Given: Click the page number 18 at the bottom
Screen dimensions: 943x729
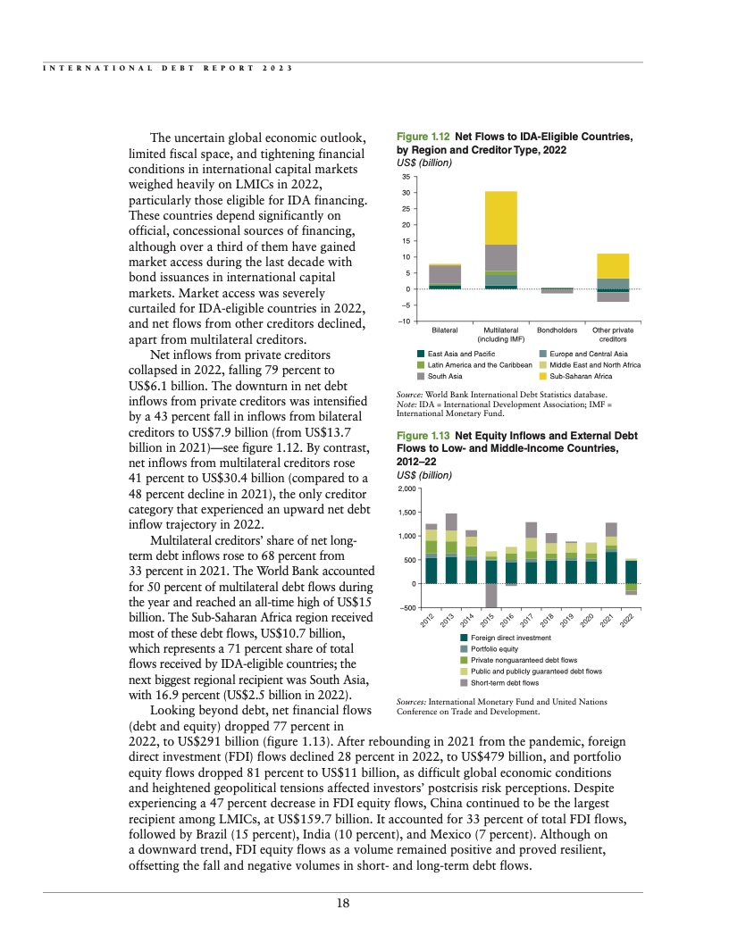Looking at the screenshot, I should [x=342, y=903].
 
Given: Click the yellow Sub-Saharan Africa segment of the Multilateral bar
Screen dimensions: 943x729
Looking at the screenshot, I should [x=501, y=218].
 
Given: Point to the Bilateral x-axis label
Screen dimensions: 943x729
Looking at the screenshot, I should [x=445, y=330].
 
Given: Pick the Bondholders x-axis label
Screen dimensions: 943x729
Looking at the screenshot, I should [x=557, y=330].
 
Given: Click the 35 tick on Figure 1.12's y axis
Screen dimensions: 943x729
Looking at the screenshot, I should [x=406, y=177].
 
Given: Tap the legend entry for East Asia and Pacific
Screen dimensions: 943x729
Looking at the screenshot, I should [x=460, y=355].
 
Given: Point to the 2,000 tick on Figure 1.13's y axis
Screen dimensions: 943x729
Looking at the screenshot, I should [x=406, y=489].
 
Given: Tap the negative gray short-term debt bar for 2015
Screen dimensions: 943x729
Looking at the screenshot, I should [x=490, y=595].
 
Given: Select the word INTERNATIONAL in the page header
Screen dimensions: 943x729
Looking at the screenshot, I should [x=92, y=68].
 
